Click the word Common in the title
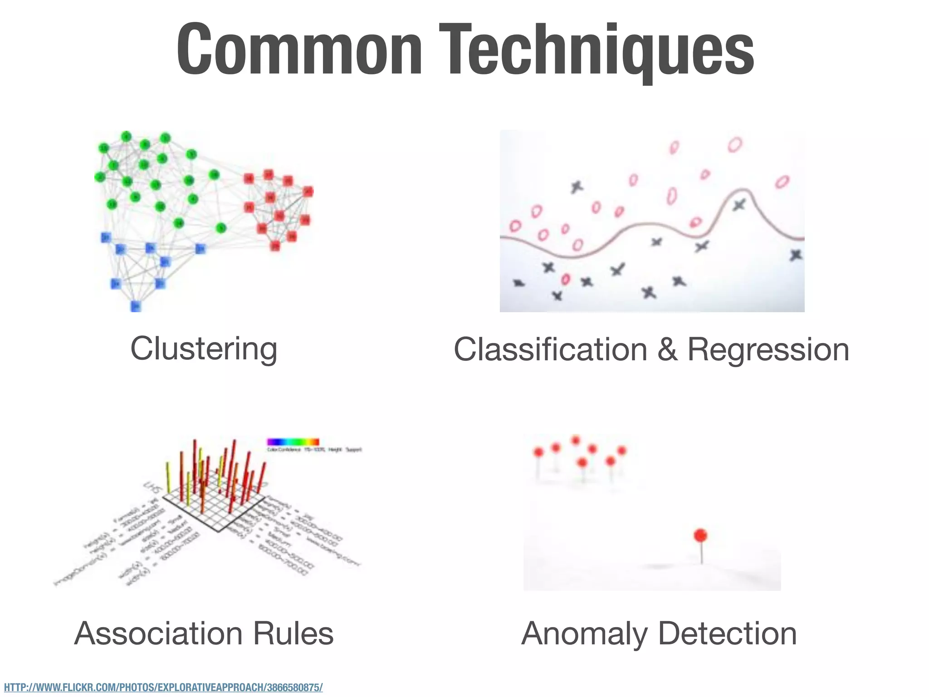299,49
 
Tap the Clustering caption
204,348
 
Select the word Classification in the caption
550,349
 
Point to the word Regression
768,349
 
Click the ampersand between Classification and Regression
667,349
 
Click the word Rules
293,633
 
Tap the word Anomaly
584,633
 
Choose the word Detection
727,633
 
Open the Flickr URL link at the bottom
163,687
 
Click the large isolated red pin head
701,535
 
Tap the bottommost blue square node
136,306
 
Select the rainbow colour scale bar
293,442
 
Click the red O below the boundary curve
565,279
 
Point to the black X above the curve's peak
739,205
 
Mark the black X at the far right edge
796,255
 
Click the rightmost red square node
308,191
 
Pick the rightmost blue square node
200,249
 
